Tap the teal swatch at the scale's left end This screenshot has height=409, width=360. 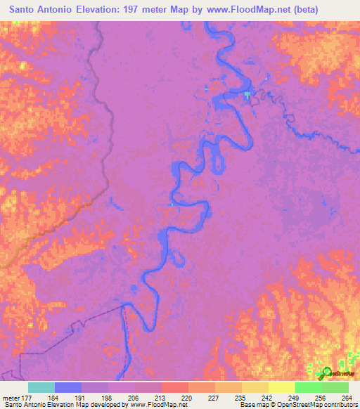[x=41, y=387]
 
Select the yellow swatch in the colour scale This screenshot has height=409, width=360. [x=281, y=387]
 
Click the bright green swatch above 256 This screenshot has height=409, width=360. [x=308, y=387]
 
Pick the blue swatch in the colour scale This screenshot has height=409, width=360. [x=68, y=387]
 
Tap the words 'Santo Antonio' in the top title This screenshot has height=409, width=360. [x=40, y=10]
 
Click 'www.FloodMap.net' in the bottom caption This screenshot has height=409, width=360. [x=155, y=405]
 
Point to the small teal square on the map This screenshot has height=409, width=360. [x=247, y=94]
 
